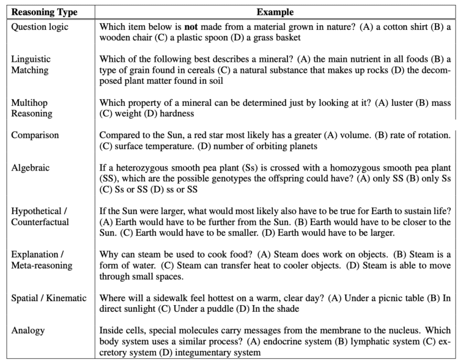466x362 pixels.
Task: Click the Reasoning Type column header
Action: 45,12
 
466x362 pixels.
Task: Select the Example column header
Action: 275,12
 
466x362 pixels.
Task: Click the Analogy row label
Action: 28,331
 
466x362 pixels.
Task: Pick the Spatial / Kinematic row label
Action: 49,298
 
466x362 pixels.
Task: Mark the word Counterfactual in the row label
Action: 40,222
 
